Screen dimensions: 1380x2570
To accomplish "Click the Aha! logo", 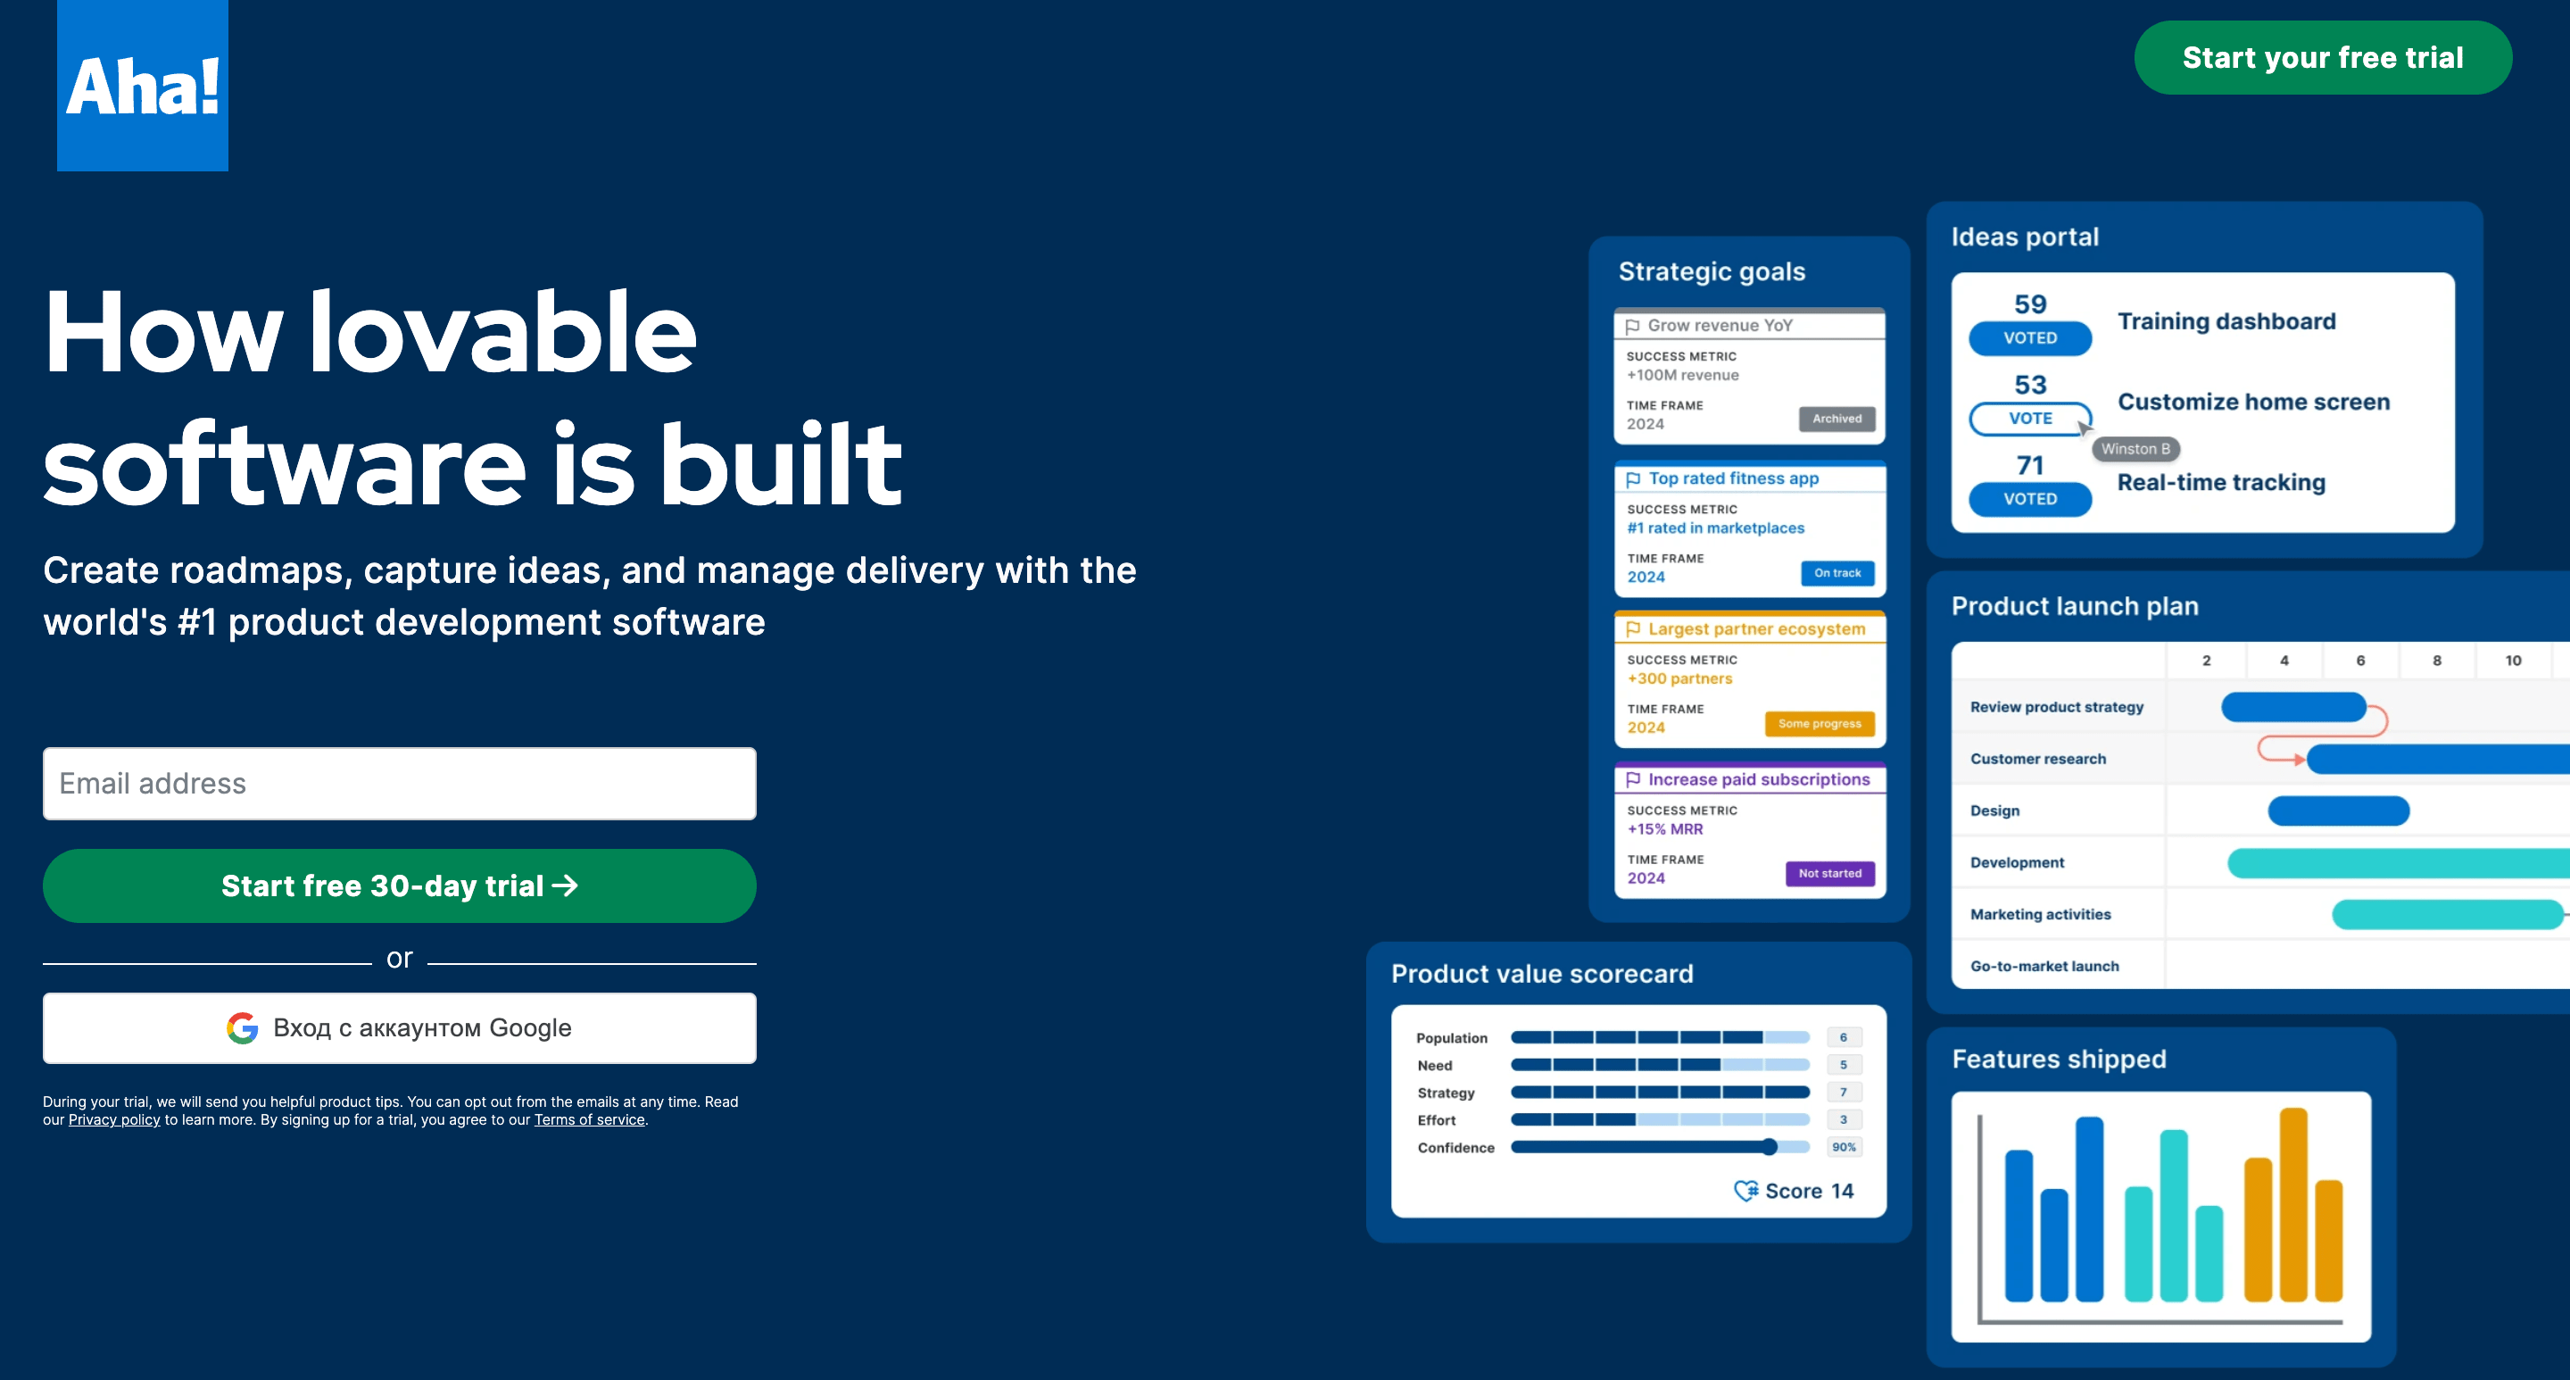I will (x=143, y=86).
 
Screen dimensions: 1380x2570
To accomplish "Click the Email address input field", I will (x=399, y=784).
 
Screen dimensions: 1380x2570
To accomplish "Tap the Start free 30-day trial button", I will (x=399, y=886).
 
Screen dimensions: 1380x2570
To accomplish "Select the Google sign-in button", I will (x=399, y=1027).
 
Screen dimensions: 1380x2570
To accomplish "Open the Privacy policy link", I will (x=113, y=1119).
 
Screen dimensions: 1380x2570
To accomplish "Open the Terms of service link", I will (x=589, y=1119).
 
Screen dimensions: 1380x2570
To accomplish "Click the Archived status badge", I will (x=1836, y=420).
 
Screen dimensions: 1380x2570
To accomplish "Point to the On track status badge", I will (x=1836, y=573).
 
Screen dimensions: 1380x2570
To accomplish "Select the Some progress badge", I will (x=1819, y=723).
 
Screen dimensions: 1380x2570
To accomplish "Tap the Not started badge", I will (x=1828, y=873).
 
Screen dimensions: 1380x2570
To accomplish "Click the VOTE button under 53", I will (x=2029, y=418).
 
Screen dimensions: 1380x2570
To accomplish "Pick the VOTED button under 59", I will (x=2029, y=338).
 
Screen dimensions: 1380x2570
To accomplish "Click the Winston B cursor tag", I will (x=2135, y=449).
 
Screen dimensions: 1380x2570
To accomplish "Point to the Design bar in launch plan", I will (x=2338, y=811).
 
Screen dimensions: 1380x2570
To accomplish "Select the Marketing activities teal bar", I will (x=2445, y=914).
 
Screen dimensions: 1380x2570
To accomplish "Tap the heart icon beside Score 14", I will (x=1745, y=1191).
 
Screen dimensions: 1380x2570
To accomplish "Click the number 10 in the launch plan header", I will (x=2512, y=661).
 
